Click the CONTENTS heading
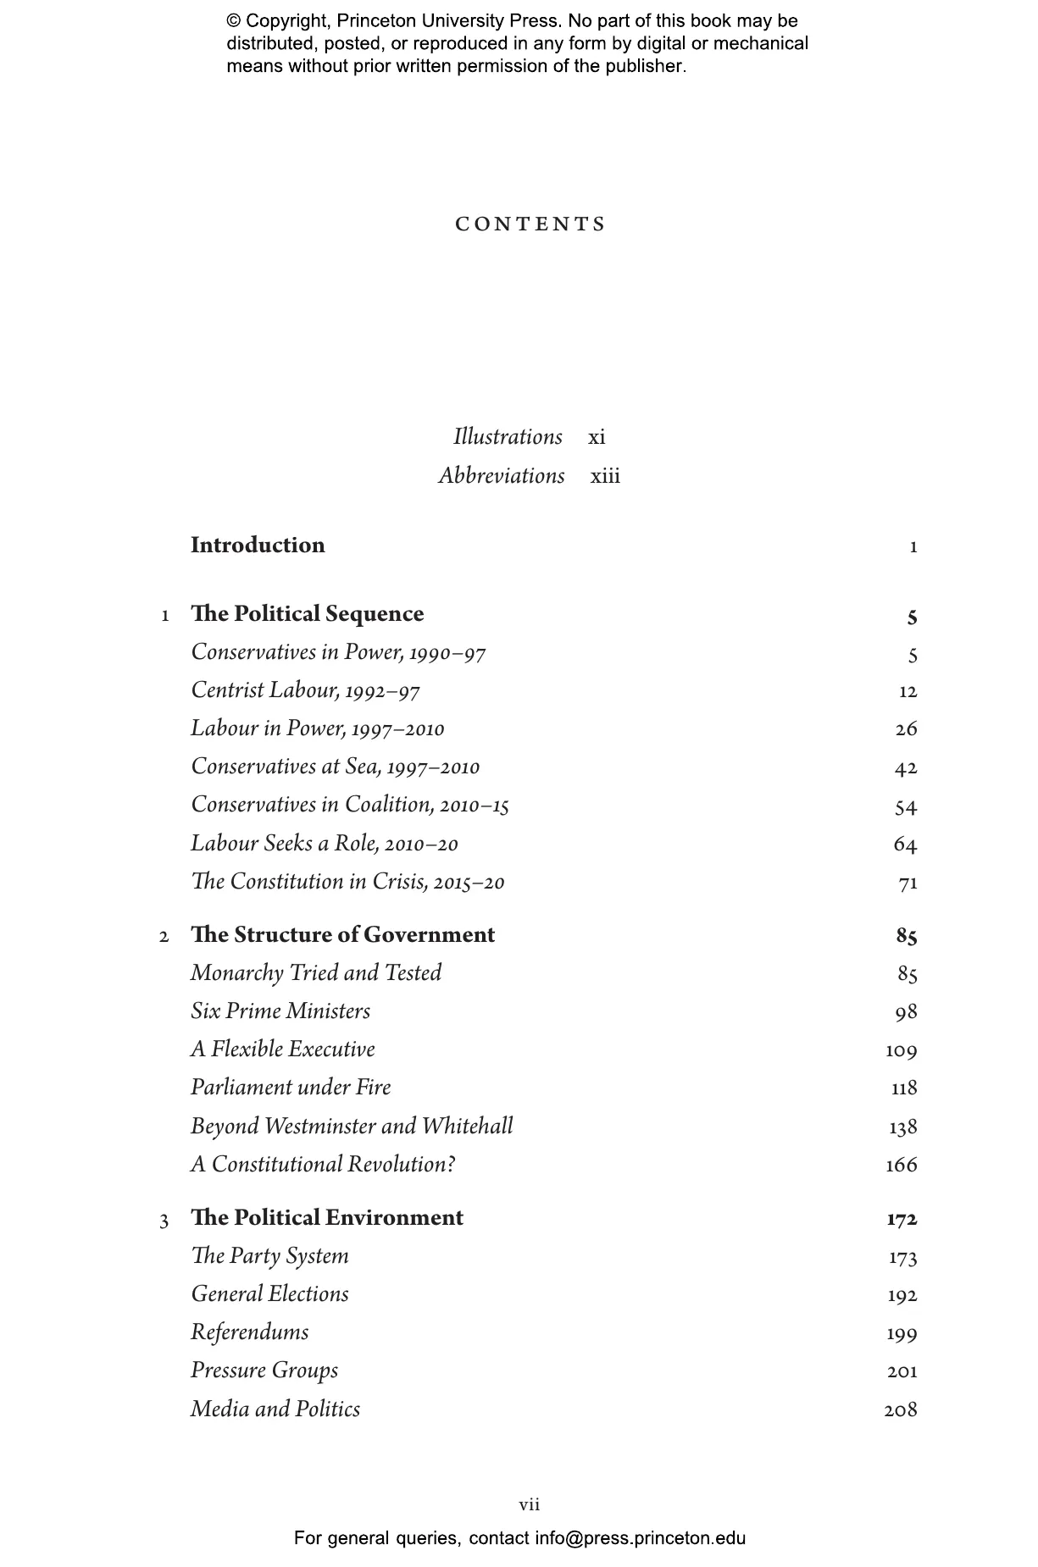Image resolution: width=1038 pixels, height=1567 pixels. (530, 224)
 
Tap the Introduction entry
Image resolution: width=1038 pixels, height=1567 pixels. (258, 545)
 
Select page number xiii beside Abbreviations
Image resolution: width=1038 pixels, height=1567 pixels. (605, 476)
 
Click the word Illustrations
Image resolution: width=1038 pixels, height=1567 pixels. (508, 437)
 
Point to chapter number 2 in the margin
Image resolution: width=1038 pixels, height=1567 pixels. (164, 937)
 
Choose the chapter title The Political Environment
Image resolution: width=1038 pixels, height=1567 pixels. (327, 1218)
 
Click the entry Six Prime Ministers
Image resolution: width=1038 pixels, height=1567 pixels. (280, 1011)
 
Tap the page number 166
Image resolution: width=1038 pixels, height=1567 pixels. (901, 1166)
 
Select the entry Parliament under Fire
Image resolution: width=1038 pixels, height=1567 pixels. (291, 1088)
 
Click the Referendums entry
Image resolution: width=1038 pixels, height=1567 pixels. (250, 1332)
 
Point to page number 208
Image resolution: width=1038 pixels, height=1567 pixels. (900, 1410)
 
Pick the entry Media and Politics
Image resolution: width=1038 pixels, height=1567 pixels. (275, 1409)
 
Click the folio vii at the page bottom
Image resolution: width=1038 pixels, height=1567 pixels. (530, 1505)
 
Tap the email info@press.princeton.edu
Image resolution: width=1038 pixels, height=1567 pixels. (640, 1538)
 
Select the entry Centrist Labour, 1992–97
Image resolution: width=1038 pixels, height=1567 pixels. (305, 691)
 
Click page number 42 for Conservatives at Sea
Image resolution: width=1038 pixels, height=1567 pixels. (905, 768)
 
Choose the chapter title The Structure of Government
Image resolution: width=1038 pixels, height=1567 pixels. (342, 935)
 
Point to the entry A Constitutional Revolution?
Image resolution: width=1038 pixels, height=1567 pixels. (323, 1165)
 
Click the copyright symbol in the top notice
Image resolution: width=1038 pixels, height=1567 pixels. (234, 21)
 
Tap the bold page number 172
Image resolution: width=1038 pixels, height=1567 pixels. (902, 1220)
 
